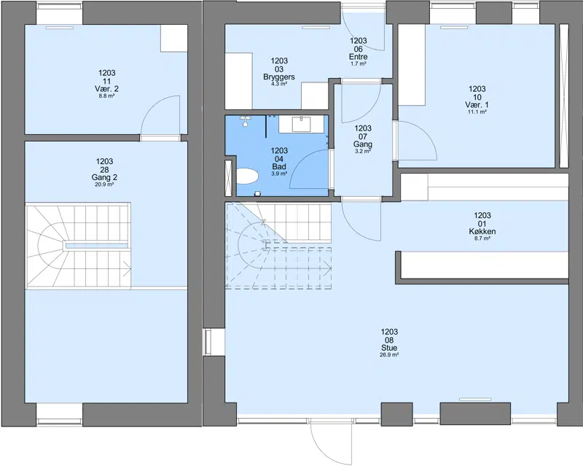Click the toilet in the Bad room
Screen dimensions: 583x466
coord(247,176)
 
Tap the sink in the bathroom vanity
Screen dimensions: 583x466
coord(301,124)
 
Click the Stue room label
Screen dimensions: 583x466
coord(389,348)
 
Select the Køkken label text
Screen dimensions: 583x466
coord(482,231)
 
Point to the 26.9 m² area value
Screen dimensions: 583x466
coord(389,355)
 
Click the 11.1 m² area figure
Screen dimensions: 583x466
coord(477,112)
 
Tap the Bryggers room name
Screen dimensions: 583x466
coord(279,77)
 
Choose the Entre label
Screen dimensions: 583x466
coord(359,57)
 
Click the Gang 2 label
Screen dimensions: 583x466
coord(104,177)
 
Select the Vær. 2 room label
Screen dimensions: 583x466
coord(106,88)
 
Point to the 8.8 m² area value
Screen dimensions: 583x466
coord(106,96)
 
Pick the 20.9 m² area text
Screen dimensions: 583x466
coord(104,185)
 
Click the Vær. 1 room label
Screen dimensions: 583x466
coord(477,104)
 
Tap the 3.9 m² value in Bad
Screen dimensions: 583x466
coord(279,174)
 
